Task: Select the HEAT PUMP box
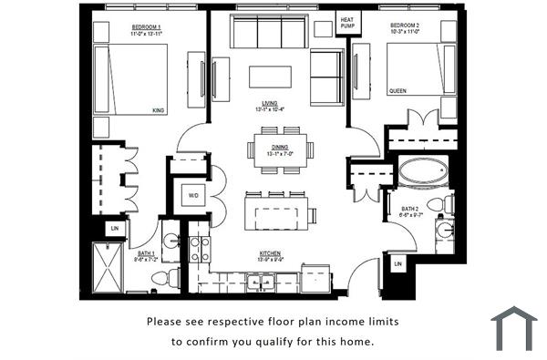coord(347,23)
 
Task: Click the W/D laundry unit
coord(193,195)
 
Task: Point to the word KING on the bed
coord(158,110)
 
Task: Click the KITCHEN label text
coord(269,253)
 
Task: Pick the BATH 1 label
coord(145,253)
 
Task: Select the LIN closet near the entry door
coord(397,264)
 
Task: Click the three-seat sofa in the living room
coord(269,33)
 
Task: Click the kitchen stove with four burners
coord(199,249)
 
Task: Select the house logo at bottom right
coord(514,328)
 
